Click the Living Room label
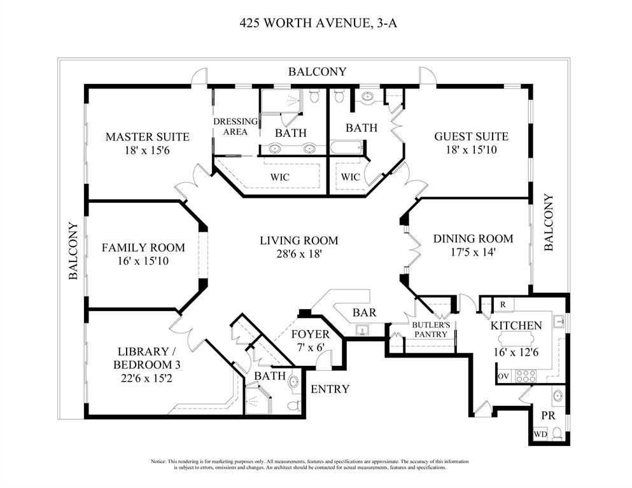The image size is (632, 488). point(298,241)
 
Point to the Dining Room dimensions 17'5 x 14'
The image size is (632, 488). point(472,253)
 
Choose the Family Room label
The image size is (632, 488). point(143,247)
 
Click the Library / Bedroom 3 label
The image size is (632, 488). point(147,358)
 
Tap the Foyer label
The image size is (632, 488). point(310,334)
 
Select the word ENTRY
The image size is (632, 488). point(330,389)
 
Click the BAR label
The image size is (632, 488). point(364,312)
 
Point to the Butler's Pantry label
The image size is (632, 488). point(431,329)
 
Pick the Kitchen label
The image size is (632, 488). point(516,326)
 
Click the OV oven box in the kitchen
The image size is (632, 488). point(503,377)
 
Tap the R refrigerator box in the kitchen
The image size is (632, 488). point(503,305)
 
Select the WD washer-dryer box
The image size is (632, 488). point(540,435)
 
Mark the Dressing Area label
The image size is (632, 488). point(235,127)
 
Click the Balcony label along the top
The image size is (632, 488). point(317,72)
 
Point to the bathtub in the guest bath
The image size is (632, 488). point(346,148)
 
